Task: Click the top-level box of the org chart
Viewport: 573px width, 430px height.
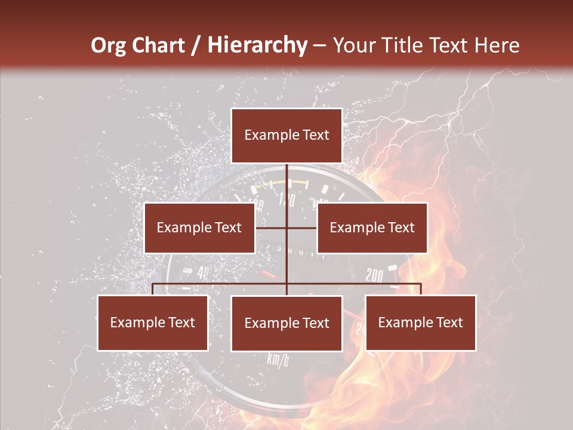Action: [286, 136]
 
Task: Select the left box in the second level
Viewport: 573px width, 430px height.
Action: [199, 228]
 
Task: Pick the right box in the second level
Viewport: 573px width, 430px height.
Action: [372, 228]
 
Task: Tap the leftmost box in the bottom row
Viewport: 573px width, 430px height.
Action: [153, 323]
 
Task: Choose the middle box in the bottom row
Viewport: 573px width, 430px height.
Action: [286, 324]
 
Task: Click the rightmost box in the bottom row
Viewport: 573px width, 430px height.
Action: [421, 323]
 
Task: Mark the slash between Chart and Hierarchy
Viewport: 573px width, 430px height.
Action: [195, 45]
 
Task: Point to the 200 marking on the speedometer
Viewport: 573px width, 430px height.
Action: [374, 275]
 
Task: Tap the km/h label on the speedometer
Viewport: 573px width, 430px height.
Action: [278, 360]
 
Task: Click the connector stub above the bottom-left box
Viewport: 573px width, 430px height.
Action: [153, 289]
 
